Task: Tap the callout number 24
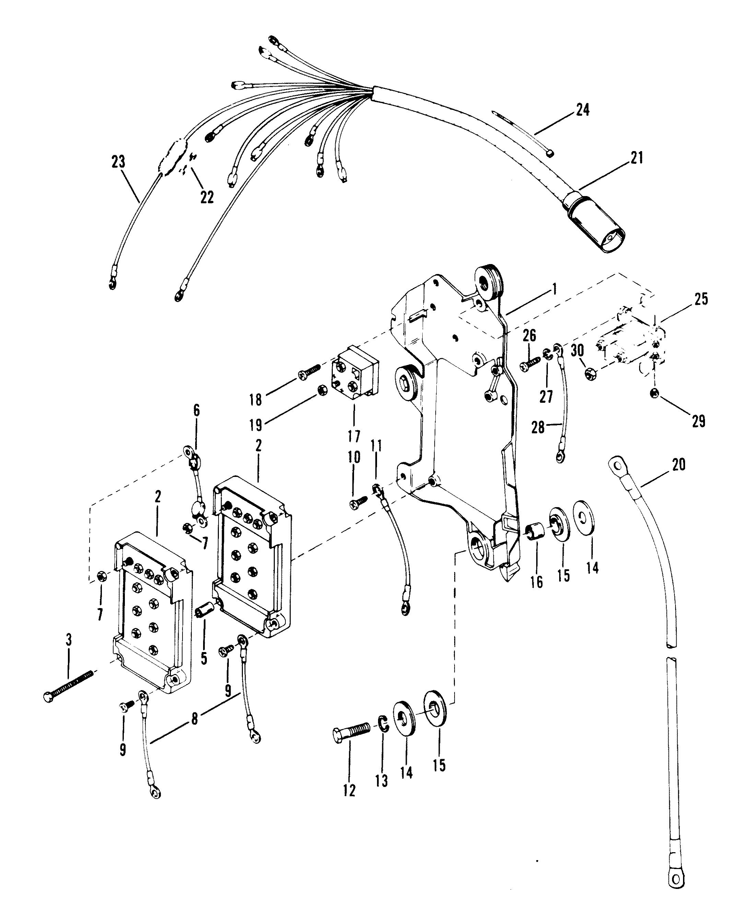coord(583,110)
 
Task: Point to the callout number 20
coord(678,464)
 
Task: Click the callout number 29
coord(699,422)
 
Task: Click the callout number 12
coord(349,791)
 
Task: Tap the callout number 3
coord(68,651)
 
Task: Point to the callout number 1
coord(554,290)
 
